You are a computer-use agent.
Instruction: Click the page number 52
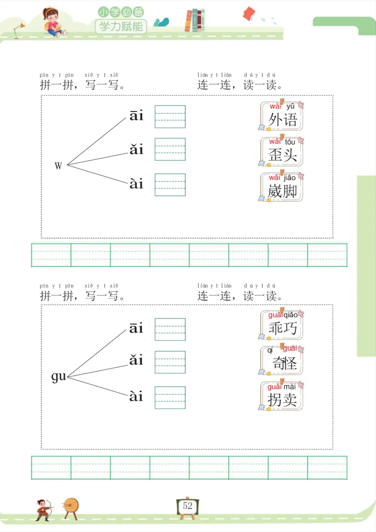(188, 506)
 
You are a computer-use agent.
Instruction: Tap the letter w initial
(58, 165)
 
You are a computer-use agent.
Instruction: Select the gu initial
(59, 376)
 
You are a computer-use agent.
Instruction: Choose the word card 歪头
(282, 152)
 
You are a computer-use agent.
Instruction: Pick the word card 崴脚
(282, 188)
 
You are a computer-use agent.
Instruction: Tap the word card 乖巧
(282, 325)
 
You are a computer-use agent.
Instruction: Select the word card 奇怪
(282, 360)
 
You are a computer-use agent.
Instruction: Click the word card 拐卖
(282, 396)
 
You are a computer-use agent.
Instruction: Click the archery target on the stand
(71, 507)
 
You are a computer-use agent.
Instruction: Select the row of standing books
(195, 21)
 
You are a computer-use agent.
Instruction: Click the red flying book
(249, 14)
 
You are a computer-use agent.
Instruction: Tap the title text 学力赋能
(121, 26)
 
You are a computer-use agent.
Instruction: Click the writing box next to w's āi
(170, 117)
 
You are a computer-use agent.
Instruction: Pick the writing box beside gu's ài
(170, 398)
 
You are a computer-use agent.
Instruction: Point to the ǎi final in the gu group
(136, 361)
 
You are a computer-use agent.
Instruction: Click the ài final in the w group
(136, 184)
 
